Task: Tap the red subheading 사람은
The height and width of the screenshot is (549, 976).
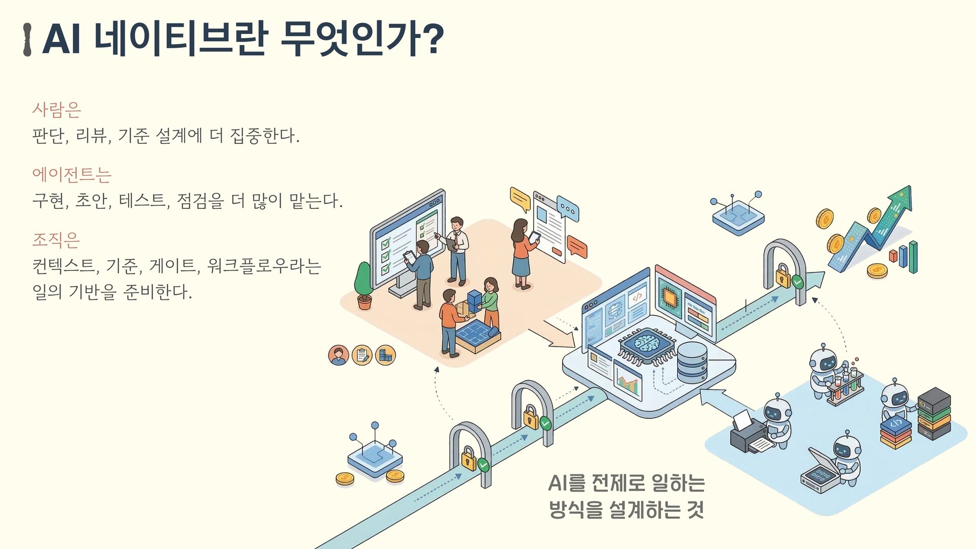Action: [56, 109]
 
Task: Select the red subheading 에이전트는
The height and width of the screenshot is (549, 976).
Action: [72, 174]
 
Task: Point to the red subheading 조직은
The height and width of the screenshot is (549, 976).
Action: [56, 239]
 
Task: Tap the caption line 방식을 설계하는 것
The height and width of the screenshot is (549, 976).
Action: [626, 510]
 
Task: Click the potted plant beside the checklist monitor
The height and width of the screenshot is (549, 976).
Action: [364, 285]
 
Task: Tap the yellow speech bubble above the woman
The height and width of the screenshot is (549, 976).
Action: [520, 199]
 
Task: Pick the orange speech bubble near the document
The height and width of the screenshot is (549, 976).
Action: [576, 247]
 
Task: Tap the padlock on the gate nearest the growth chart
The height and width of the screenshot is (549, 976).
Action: [783, 276]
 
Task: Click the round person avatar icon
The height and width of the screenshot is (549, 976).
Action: [339, 355]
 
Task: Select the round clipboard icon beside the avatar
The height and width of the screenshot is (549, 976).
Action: [362, 355]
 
